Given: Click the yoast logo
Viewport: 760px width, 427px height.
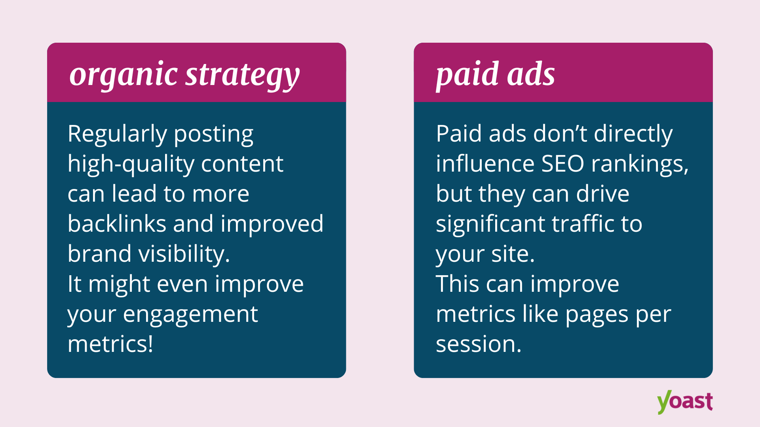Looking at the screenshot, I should (684, 402).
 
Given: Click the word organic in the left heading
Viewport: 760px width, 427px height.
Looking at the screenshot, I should (123, 75).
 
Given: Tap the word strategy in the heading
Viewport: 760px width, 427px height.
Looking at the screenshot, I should (242, 75).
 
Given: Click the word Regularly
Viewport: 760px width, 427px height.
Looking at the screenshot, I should (117, 134).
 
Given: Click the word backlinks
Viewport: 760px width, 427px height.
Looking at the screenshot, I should (117, 224).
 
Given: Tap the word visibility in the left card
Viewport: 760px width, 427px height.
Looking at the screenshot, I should (184, 254).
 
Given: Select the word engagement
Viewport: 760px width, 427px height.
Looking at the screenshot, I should (190, 315).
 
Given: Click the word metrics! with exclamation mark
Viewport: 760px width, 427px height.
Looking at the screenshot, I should (110, 344).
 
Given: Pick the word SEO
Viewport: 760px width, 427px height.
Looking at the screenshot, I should (562, 164).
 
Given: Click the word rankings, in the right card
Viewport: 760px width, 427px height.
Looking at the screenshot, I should (640, 164).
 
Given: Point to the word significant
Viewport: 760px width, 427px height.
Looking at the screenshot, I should (490, 225).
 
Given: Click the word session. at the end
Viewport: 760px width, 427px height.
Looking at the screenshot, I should (478, 344).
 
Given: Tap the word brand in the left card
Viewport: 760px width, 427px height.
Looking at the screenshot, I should (99, 254).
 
